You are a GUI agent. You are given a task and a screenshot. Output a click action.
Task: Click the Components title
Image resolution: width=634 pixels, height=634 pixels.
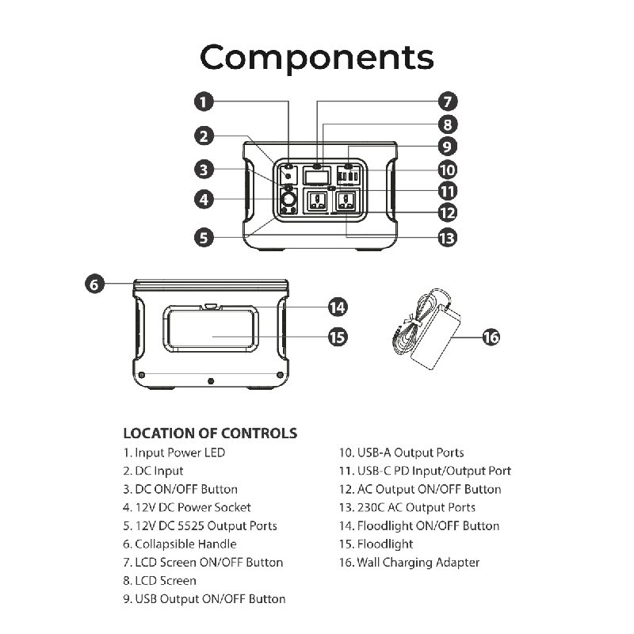point(317,58)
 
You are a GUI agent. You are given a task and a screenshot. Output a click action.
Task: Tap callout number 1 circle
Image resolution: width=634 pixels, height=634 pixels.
point(204,101)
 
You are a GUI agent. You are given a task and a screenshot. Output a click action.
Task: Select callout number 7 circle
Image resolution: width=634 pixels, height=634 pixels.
point(448,101)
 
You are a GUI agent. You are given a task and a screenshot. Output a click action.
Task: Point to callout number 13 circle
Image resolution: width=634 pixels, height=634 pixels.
point(448,236)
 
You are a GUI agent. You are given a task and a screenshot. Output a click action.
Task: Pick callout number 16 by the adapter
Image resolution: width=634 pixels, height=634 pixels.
point(491,337)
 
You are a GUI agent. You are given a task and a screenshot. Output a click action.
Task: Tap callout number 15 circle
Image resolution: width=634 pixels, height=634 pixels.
point(338,337)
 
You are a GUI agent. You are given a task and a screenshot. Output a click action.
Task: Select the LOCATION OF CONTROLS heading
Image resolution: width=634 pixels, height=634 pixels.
point(210,433)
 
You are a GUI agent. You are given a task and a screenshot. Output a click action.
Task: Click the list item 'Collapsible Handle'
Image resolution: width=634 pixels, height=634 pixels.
point(180,544)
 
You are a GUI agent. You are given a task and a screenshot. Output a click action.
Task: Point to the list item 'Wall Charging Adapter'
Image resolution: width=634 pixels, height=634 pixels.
point(409,563)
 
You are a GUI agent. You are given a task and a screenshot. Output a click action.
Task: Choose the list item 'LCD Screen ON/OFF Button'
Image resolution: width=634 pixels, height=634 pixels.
point(203,563)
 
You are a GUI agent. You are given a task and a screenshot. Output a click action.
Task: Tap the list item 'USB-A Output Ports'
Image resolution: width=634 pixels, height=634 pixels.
point(402,453)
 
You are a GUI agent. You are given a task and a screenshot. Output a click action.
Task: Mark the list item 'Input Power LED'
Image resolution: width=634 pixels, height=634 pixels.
point(174,453)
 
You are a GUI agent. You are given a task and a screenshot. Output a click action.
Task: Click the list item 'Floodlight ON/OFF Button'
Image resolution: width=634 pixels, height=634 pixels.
point(419,526)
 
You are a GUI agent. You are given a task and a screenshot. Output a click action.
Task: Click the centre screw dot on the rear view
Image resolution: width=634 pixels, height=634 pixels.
point(211,381)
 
